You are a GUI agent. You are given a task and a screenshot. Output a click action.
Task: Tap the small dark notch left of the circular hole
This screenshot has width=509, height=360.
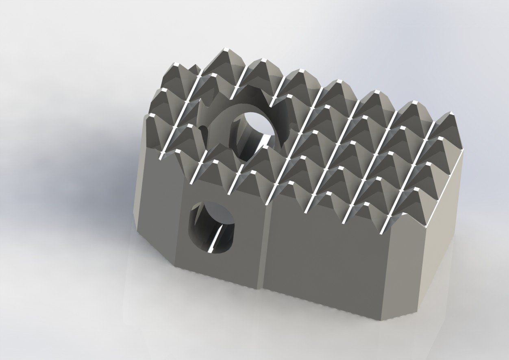tap(203, 130)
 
